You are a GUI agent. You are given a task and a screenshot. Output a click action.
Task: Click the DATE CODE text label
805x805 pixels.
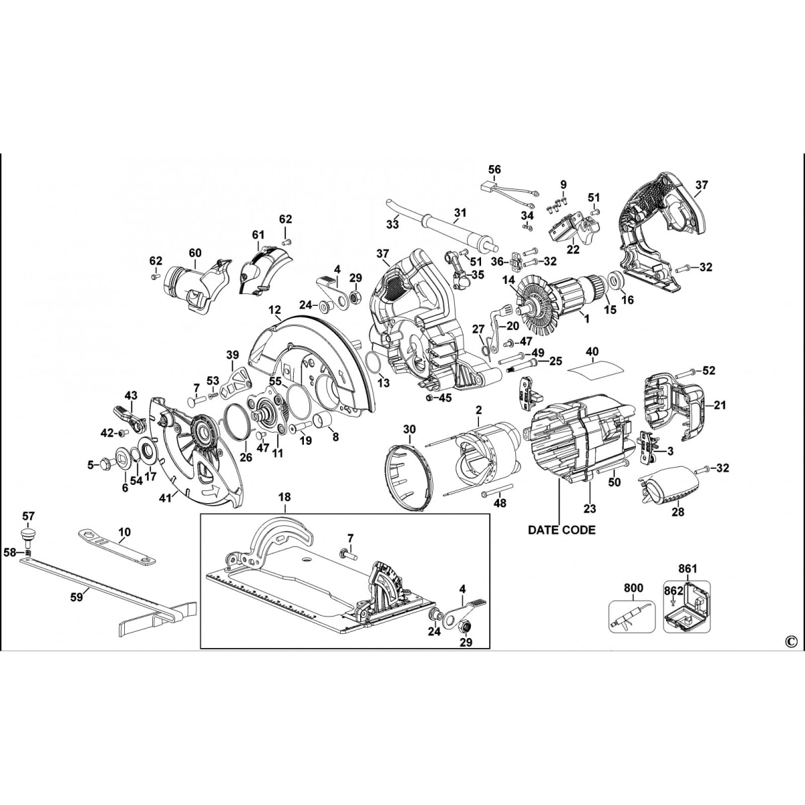(561, 530)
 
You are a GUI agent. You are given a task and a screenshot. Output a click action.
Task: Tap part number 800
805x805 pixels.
(633, 588)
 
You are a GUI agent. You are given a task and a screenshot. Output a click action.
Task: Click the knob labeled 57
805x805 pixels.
(28, 535)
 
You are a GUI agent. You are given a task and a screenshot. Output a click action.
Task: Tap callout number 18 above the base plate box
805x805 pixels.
(284, 497)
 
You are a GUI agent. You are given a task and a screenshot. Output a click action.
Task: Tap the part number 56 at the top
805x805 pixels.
(494, 170)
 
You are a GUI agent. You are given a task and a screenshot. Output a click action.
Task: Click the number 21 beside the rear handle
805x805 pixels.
(720, 405)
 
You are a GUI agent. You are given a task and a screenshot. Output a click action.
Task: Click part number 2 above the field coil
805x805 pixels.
(478, 409)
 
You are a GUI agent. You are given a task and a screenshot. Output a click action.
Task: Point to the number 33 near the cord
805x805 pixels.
(392, 224)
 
